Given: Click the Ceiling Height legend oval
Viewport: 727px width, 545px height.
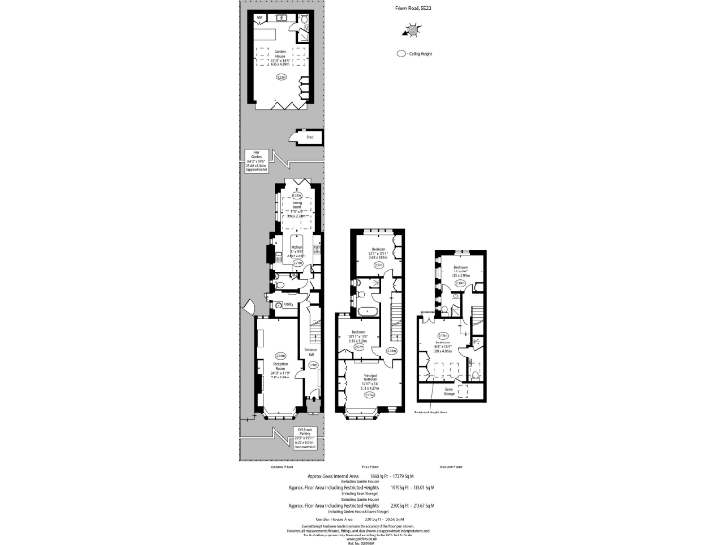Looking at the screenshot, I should (401, 55).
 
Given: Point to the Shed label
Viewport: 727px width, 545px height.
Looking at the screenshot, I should (309, 136).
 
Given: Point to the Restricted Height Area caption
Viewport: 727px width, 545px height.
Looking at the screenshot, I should (430, 413).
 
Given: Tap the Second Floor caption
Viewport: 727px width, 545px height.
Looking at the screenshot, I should (451, 467).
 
